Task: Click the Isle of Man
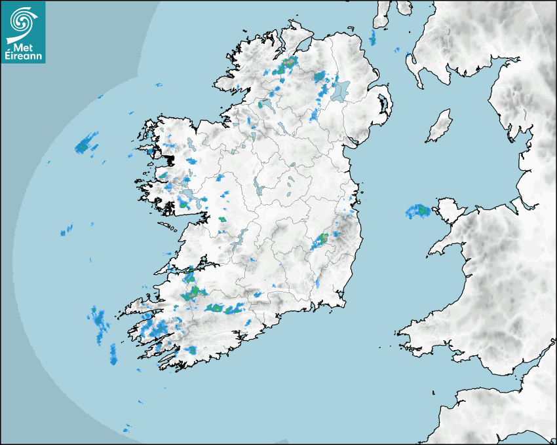pos(440,126)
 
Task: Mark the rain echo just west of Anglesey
pos(417,211)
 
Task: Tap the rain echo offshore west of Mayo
pos(85,143)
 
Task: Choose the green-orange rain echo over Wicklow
pos(322,240)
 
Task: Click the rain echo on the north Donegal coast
pos(287,64)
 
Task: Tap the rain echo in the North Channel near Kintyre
pos(372,38)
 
